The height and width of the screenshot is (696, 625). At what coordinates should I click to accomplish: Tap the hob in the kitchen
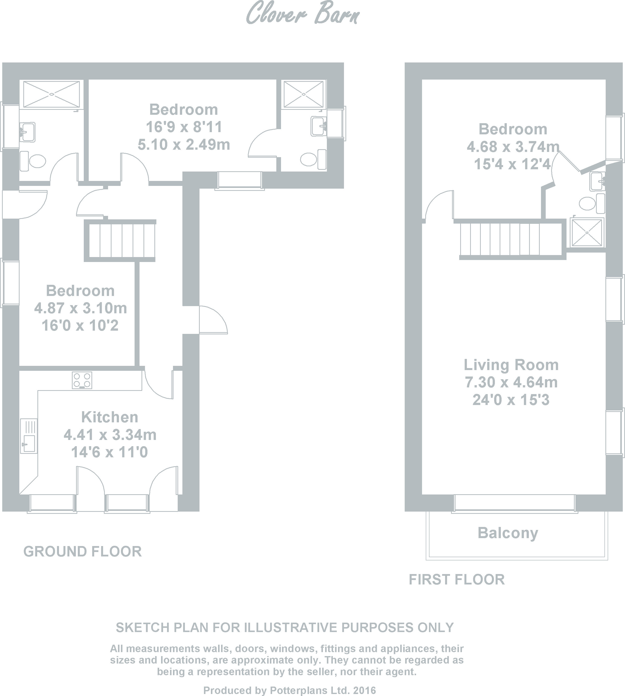click(x=82, y=380)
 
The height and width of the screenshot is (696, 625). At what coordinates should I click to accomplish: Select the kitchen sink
click(x=28, y=436)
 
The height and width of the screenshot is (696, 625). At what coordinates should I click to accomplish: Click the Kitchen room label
click(x=110, y=417)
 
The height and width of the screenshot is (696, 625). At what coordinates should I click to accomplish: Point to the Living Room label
click(x=511, y=365)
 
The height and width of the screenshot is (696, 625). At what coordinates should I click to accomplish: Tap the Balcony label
click(x=508, y=533)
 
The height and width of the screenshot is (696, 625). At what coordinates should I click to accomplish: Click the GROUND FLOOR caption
click(x=83, y=552)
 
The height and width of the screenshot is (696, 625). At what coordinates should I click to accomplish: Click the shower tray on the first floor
click(x=587, y=232)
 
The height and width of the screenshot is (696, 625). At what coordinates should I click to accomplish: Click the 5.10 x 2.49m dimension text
click(x=184, y=144)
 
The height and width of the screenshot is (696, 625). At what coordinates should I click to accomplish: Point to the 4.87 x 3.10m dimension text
click(x=80, y=308)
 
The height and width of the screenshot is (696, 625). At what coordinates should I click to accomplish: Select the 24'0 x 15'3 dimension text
click(x=511, y=400)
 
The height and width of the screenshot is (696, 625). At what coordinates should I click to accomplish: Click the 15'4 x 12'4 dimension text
click(x=512, y=164)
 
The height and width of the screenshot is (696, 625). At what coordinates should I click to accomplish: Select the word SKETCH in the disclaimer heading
click(x=143, y=628)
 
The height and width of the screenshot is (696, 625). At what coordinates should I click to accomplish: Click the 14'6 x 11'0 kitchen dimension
click(x=110, y=452)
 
